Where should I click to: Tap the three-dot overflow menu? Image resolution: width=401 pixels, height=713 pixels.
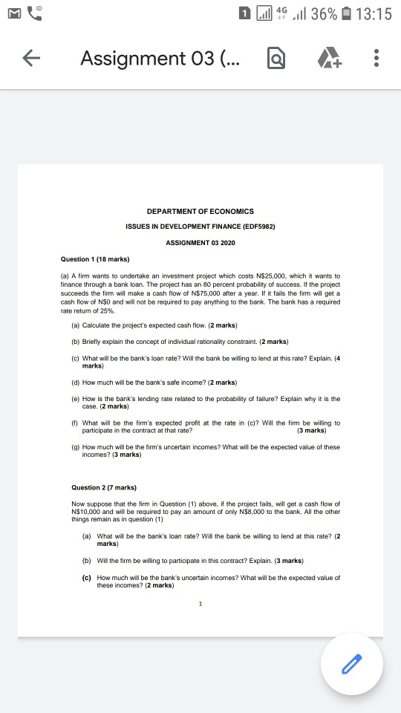click(377, 58)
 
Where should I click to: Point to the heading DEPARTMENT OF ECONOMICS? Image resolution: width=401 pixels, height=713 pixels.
click(200, 212)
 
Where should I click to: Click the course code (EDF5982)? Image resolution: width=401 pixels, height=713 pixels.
click(258, 227)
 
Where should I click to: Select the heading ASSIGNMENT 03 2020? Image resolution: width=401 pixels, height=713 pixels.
click(200, 243)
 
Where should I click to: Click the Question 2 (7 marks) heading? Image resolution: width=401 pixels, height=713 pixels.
click(103, 487)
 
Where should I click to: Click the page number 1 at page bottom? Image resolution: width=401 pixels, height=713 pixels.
click(200, 603)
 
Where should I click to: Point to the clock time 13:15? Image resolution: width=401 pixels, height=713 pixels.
click(374, 14)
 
